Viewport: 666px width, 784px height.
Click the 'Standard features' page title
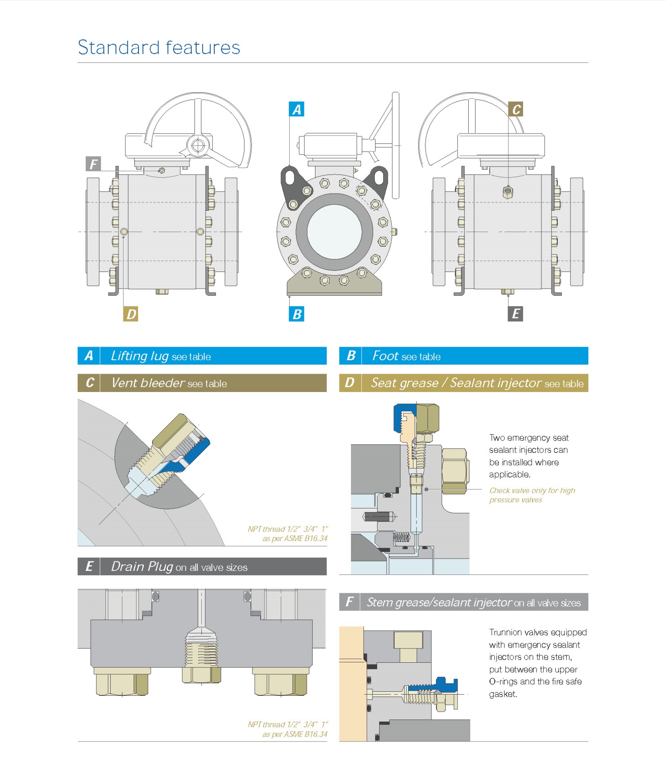159,47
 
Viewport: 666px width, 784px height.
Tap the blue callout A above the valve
297,109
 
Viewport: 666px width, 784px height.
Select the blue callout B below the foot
297,314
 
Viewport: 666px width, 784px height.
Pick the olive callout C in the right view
516,109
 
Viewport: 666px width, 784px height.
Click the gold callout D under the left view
131,314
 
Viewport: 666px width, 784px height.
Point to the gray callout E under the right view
516,314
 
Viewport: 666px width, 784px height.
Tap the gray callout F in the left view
93,164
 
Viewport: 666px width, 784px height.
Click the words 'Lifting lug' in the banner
140,356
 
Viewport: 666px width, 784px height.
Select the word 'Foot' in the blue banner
385,356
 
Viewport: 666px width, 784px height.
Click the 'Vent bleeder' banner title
148,383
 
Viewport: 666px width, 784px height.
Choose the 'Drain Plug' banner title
142,567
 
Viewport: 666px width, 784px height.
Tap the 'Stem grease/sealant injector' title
439,602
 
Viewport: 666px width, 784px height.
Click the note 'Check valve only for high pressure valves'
532,495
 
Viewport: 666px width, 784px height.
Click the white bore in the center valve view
334,232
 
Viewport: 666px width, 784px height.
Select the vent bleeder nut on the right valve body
508,192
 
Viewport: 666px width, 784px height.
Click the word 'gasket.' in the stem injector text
503,694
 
